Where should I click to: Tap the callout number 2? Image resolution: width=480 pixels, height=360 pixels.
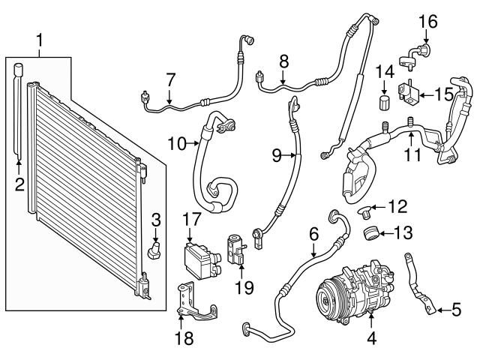click(x=20, y=183)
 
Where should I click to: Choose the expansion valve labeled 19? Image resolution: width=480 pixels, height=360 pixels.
click(x=235, y=249)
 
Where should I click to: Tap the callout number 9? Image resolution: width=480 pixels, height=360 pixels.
click(x=276, y=156)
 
